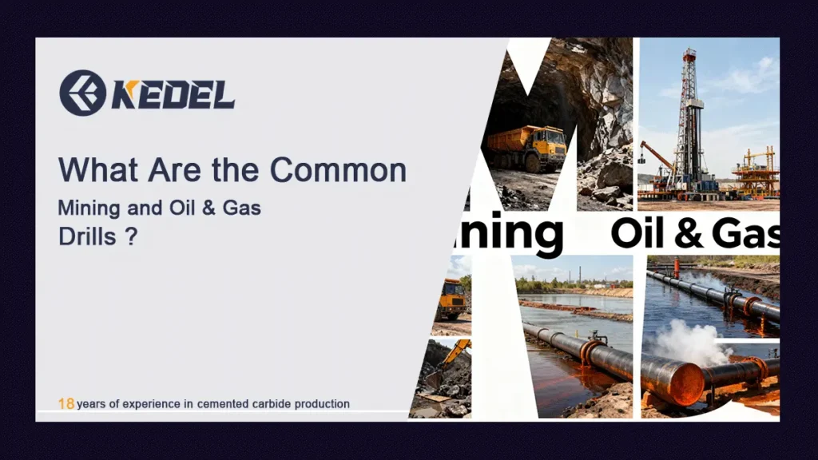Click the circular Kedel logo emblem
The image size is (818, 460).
82,93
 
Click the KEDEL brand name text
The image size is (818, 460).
173,94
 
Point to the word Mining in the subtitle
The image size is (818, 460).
89,208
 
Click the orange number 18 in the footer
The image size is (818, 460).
66,404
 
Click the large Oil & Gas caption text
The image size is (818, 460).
694,233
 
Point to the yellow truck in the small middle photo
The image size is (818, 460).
451,298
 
